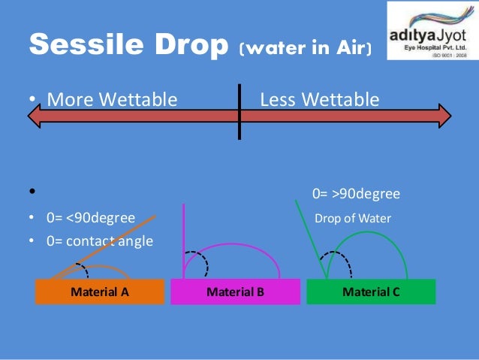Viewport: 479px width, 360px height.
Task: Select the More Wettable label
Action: pos(112,99)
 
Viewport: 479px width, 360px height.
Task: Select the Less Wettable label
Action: pos(319,99)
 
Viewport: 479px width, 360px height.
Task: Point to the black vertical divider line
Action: pos(239,113)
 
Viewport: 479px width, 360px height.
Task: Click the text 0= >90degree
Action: pos(356,195)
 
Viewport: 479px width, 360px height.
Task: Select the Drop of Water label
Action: pos(352,219)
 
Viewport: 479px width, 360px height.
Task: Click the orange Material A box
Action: pos(100,292)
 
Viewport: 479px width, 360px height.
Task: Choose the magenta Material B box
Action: pos(235,292)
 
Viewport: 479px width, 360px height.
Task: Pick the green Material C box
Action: pos(371,292)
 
